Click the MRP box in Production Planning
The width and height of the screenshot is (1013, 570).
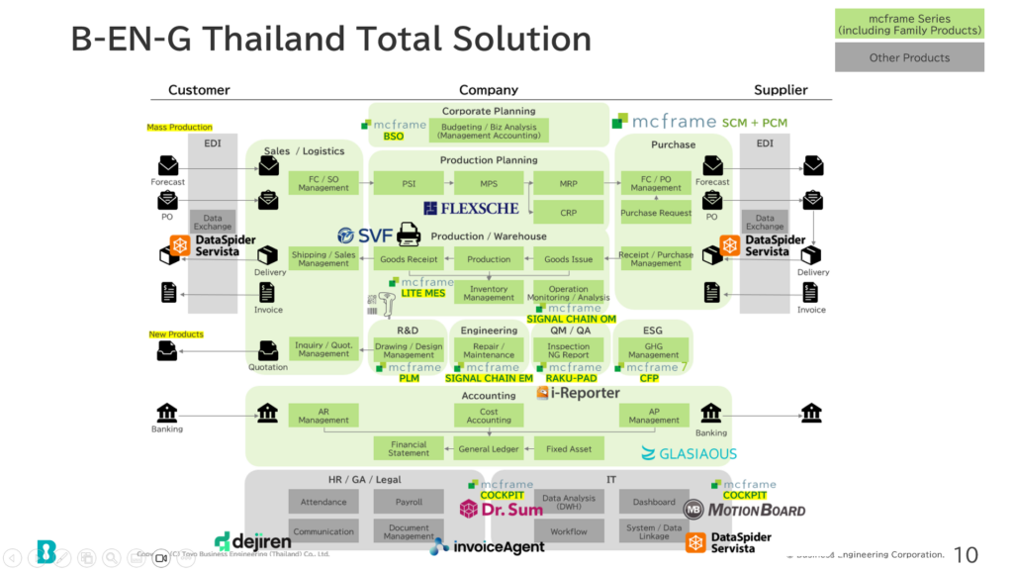(568, 183)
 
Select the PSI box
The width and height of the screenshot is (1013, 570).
(409, 183)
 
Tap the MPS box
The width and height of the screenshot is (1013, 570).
(489, 183)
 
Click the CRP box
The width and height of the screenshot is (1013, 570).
(568, 212)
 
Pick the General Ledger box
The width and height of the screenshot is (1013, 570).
(489, 448)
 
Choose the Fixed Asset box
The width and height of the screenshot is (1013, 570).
(569, 448)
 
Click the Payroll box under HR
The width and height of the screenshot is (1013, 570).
(409, 502)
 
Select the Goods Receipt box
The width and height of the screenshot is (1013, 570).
(409, 259)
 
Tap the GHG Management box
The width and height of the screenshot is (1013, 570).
(653, 350)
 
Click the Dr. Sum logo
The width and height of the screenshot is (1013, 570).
(502, 510)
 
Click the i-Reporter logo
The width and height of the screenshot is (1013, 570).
(579, 393)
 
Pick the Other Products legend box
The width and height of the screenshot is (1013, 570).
(909, 57)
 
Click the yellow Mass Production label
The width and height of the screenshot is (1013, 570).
(179, 128)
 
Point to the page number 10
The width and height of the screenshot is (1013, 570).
(965, 553)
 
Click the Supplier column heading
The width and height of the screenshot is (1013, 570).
(781, 90)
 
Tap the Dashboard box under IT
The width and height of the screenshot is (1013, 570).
(654, 502)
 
